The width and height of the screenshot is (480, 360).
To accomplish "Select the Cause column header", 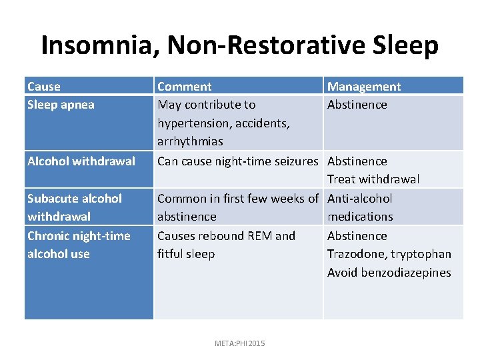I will click(44, 87).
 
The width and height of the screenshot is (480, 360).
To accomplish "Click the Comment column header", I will click(184, 87).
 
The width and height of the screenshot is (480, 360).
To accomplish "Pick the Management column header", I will click(364, 87).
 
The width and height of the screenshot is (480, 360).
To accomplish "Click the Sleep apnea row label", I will click(61, 105).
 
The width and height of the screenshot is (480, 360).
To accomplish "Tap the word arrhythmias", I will click(190, 141).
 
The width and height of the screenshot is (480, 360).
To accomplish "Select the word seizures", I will click(294, 161).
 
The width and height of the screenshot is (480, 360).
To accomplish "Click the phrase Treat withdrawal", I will click(373, 179).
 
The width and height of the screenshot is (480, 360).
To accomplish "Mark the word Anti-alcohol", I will click(359, 199).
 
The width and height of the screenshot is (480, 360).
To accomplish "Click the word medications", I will click(360, 217).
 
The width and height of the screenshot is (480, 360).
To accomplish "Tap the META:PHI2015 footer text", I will click(240, 343).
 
